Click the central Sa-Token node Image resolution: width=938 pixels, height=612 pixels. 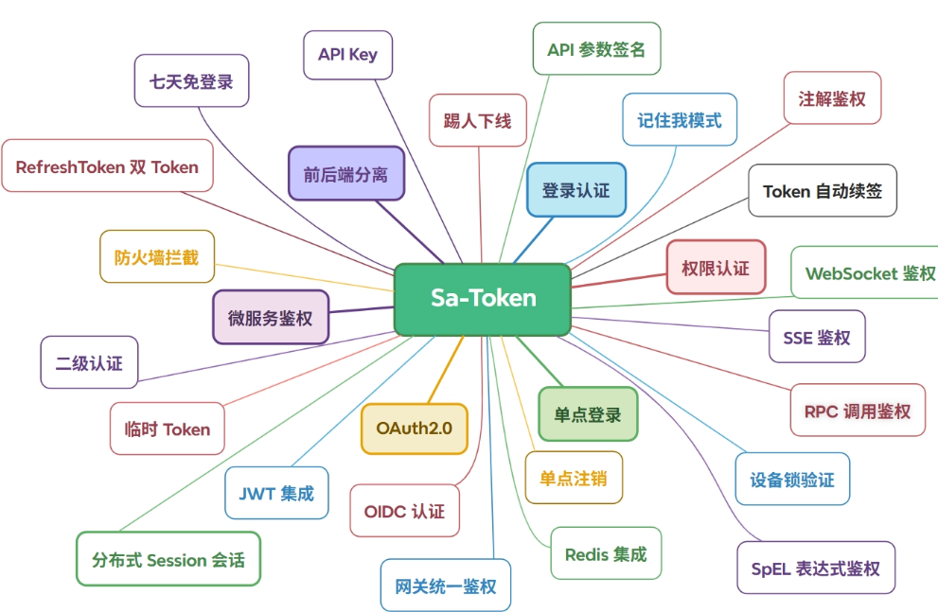coord(482,299)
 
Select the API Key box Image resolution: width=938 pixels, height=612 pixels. coord(347,55)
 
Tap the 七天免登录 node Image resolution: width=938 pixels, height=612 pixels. coord(191,80)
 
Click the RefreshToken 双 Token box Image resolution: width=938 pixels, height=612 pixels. coord(107,166)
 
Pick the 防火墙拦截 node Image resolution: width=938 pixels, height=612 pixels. coord(157,256)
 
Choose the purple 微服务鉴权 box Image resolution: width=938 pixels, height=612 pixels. coord(271,318)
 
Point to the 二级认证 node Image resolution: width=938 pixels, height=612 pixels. coord(89,362)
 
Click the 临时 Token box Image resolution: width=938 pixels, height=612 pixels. coord(167,428)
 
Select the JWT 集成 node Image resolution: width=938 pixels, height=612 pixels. coord(276,493)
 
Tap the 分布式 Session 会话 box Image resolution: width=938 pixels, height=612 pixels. coord(168,559)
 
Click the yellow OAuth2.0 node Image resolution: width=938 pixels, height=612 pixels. coord(414,428)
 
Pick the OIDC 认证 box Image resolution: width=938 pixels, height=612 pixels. coord(404,511)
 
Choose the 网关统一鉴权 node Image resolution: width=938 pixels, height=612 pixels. coord(446,586)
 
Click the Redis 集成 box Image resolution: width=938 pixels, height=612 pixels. coord(606,553)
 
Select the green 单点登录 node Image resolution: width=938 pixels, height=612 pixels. coord(588,414)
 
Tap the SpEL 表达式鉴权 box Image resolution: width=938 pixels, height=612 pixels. coord(816,568)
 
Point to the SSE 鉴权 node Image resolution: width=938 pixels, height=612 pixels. coord(817,337)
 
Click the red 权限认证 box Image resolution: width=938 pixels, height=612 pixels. coord(717,267)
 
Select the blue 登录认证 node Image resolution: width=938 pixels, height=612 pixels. coord(576,189)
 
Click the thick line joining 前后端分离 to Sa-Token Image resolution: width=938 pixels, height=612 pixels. coord(410,232)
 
